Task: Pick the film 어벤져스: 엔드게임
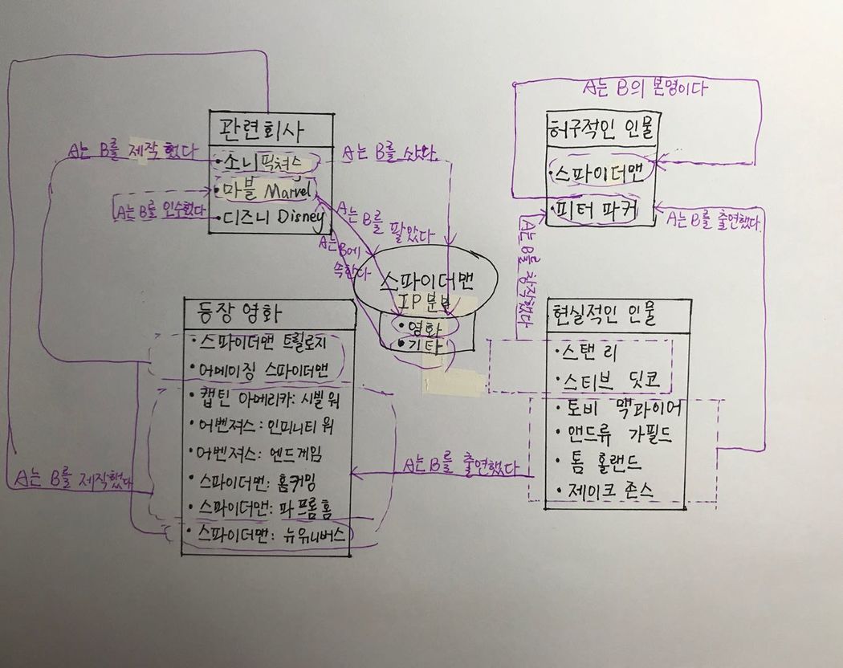(x=259, y=453)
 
